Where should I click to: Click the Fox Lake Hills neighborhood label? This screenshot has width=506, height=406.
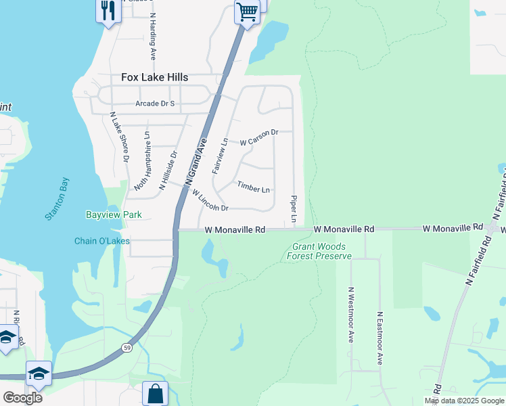click(x=154, y=78)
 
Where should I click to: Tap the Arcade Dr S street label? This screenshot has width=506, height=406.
click(x=155, y=104)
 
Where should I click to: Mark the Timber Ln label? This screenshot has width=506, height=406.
click(x=254, y=186)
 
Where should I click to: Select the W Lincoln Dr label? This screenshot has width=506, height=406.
click(x=210, y=200)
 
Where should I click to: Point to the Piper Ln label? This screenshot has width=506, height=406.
click(x=294, y=210)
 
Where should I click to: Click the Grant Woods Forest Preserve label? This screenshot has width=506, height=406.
click(x=319, y=252)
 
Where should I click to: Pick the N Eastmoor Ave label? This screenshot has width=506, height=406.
click(x=380, y=338)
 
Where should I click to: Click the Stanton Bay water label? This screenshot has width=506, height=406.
click(x=57, y=199)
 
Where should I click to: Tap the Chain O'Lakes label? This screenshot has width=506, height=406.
click(x=101, y=241)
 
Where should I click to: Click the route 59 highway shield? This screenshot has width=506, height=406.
click(x=127, y=347)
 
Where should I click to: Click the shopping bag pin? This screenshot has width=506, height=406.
click(x=155, y=392)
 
